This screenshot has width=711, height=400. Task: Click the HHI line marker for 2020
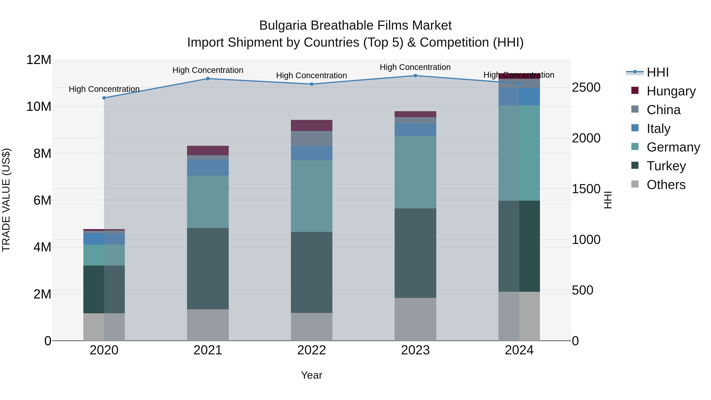pyautogui.click(x=104, y=98)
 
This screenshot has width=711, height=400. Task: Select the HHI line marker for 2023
pyautogui.click(x=415, y=75)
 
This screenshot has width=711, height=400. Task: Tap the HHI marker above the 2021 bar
pyautogui.click(x=208, y=78)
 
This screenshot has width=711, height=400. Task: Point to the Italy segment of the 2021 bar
pyautogui.click(x=208, y=167)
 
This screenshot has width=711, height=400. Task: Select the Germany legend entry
pyautogui.click(x=673, y=147)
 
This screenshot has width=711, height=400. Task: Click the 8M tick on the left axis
pyautogui.click(x=42, y=153)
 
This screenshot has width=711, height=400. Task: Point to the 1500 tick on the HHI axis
pyautogui.click(x=586, y=189)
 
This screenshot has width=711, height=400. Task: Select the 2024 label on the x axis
pyautogui.click(x=519, y=350)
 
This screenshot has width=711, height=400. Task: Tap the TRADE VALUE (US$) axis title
pyautogui.click(x=6, y=200)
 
